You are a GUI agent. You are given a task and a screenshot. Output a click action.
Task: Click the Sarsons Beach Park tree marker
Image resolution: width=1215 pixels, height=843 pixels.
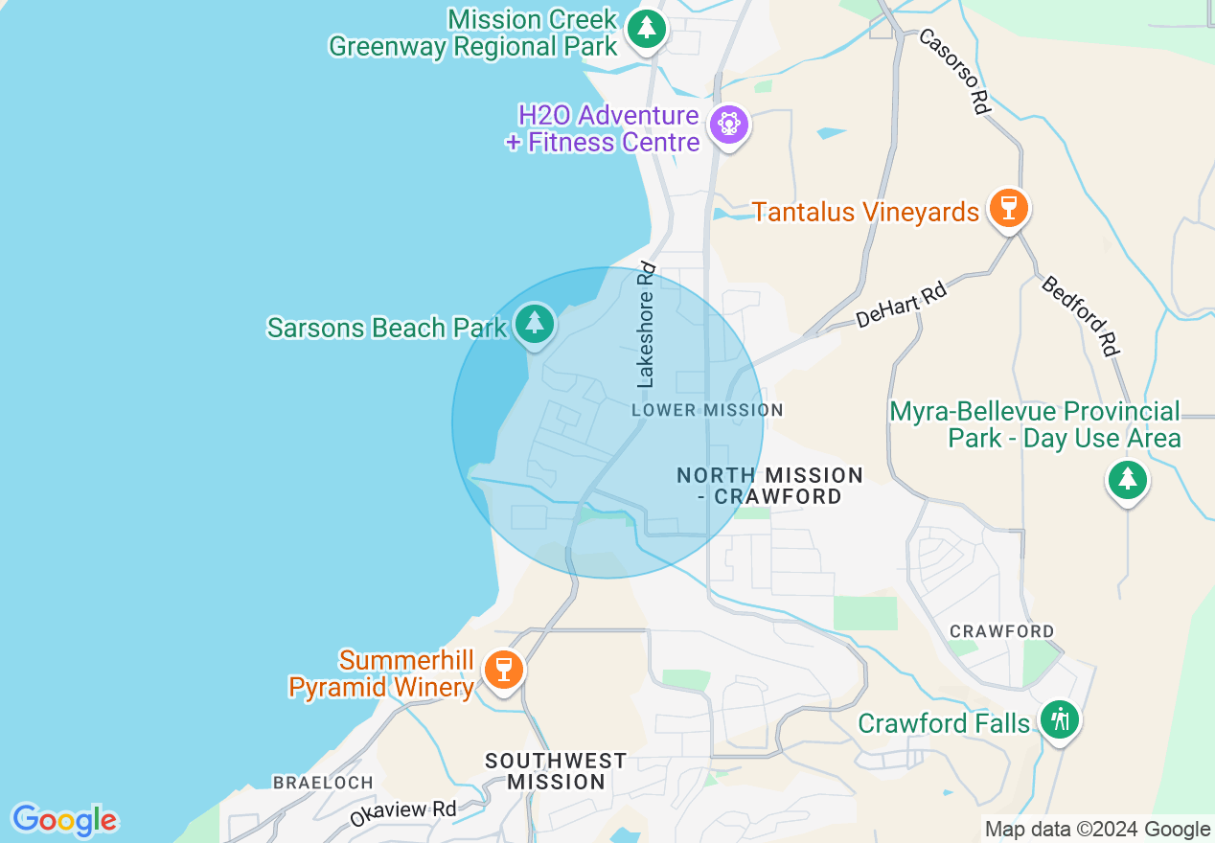(x=535, y=324)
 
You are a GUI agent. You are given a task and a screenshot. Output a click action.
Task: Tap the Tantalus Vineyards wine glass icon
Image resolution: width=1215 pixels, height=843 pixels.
(x=1007, y=208)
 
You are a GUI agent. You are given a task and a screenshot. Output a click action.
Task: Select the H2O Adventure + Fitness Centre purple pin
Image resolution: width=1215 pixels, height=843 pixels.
(x=729, y=125)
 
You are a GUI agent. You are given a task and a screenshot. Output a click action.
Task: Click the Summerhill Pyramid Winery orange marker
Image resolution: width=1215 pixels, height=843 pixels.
(x=503, y=669)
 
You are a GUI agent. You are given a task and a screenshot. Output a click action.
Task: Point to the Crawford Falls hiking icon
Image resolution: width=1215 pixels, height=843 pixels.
(x=1059, y=718)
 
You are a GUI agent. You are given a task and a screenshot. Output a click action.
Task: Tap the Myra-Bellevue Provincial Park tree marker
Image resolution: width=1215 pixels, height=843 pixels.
(x=1127, y=479)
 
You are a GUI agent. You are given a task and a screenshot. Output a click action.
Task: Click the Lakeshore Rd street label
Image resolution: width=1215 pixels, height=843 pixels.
(x=648, y=326)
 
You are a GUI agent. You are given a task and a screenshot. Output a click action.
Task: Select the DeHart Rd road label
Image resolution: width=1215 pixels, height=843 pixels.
(x=901, y=305)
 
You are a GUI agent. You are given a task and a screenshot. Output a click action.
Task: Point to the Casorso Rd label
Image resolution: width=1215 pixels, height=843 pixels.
(x=954, y=72)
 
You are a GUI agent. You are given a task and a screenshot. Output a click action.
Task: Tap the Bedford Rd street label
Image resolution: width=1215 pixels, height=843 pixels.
(x=1081, y=316)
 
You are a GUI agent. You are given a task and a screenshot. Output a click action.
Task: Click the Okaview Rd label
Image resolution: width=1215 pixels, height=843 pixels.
(x=403, y=812)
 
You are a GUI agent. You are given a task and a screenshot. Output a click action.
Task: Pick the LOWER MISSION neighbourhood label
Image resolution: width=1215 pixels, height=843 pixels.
(x=707, y=410)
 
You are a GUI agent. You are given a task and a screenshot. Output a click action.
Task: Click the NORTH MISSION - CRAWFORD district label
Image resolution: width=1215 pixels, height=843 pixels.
(x=769, y=486)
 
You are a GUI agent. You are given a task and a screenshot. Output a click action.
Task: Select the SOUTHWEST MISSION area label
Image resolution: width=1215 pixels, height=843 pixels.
(x=556, y=771)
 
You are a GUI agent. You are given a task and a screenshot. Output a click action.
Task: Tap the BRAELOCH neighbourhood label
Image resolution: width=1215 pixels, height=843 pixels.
(x=323, y=783)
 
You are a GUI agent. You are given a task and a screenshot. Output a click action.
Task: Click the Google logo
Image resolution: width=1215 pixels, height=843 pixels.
(x=64, y=820)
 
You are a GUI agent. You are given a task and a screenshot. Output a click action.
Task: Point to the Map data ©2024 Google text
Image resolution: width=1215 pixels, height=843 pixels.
(x=1097, y=830)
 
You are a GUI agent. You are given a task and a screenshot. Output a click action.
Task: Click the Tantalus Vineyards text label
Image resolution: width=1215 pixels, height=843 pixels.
(x=865, y=212)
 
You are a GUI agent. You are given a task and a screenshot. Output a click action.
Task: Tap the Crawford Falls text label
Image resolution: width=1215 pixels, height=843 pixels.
(x=944, y=723)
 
